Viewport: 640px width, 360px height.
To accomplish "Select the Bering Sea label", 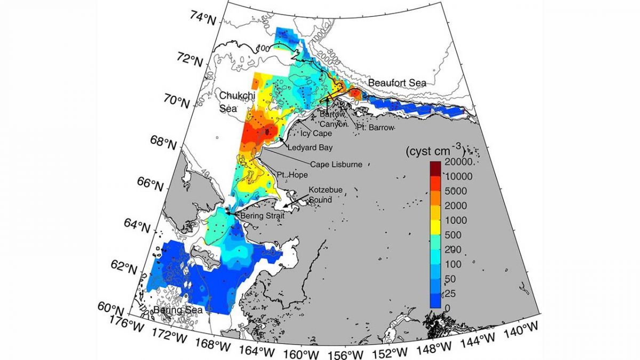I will click(171, 310).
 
